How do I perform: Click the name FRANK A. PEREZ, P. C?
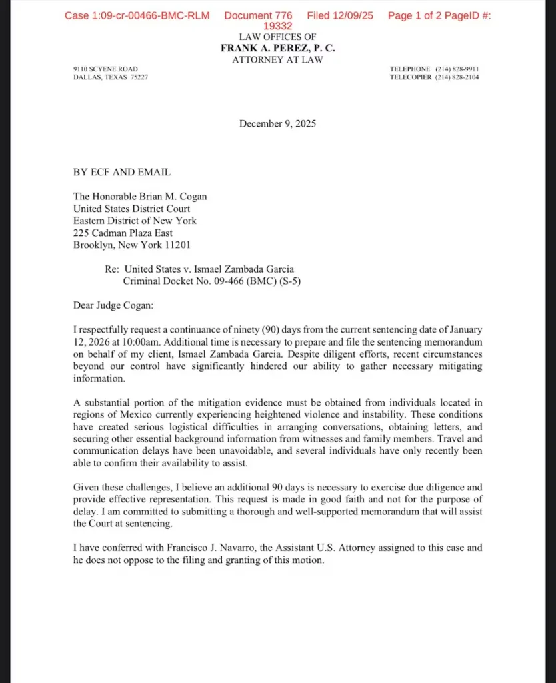pyautogui.click(x=277, y=48)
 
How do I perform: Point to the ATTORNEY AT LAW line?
pyautogui.click(x=277, y=59)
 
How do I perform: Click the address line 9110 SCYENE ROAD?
pyautogui.click(x=105, y=69)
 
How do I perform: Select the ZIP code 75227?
pyautogui.click(x=139, y=77)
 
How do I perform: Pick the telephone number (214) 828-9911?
pyautogui.click(x=457, y=69)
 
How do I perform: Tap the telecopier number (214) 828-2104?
pyautogui.click(x=457, y=77)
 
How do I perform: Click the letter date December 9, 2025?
pyautogui.click(x=277, y=123)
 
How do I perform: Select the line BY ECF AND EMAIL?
pyautogui.click(x=121, y=172)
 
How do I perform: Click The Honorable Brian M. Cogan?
pyautogui.click(x=140, y=197)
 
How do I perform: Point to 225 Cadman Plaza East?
pyautogui.click(x=123, y=233)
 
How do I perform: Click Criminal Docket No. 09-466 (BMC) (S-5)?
pyautogui.click(x=212, y=281)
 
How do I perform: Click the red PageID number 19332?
pyautogui.click(x=277, y=26)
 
